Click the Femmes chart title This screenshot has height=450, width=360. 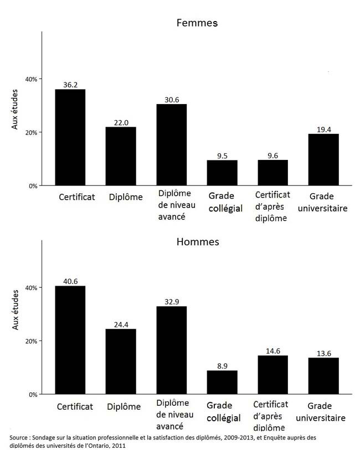pos(197,23)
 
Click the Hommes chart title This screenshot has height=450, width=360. pos(197,242)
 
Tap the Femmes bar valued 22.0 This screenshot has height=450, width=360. pos(121,156)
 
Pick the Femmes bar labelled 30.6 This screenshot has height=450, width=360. pos(172,144)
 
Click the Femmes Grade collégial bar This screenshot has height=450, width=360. pos(222,173)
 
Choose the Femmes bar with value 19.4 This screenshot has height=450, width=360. pos(323,159)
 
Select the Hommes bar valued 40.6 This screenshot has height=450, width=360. pos(70,340)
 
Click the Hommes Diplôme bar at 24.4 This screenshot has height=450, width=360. pos(121,361)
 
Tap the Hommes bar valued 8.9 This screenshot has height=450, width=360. pos(222,382)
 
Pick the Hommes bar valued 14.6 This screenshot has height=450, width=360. pos(273,375)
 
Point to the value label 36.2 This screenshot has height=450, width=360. pos(70,85)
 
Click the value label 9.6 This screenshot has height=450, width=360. pos(273,156)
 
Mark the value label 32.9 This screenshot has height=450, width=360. pos(172,302)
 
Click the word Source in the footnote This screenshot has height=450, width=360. pos(19,437)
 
